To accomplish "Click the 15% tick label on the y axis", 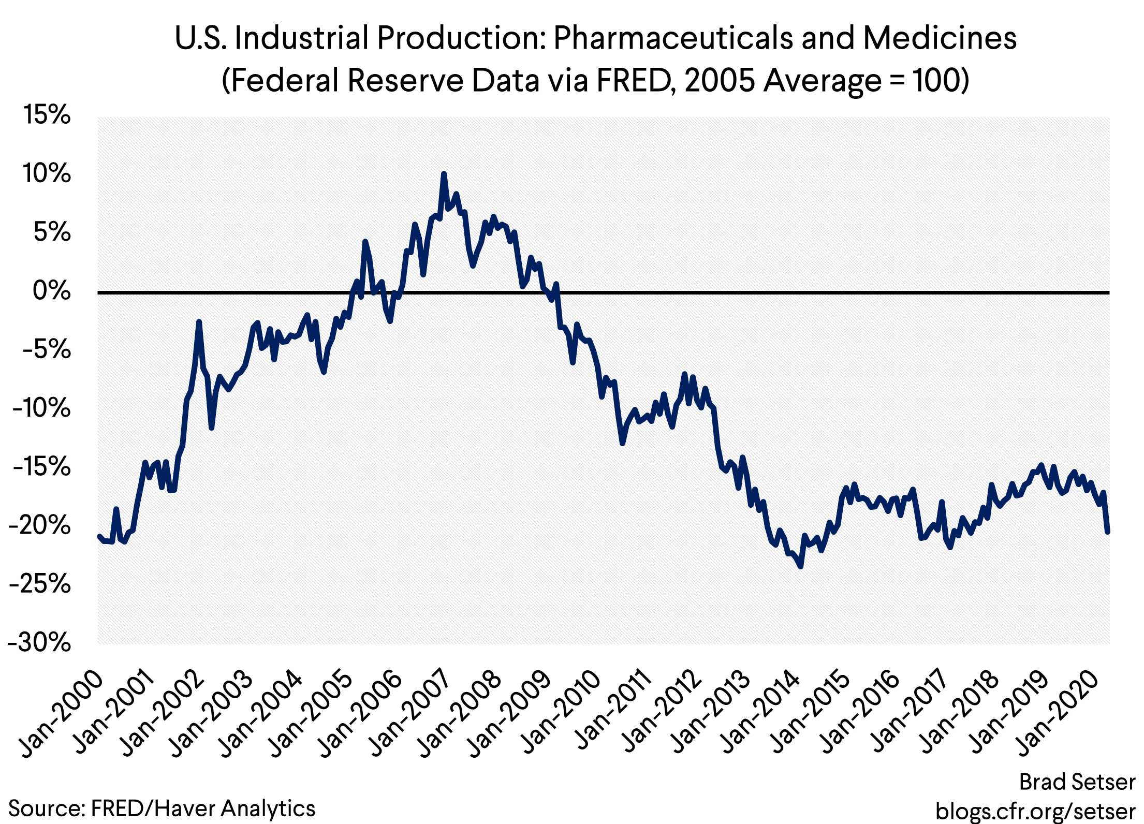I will click(47, 115).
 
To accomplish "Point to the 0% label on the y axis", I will click(52, 291).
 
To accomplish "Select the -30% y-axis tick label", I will click(39, 643).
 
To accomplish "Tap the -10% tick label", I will click(41, 408).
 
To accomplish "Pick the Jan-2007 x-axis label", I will click(409, 714).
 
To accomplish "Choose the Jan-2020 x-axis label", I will click(1059, 714).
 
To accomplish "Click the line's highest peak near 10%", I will click(444, 174).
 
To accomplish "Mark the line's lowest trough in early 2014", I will click(801, 567).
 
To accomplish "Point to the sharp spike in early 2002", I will click(199, 322).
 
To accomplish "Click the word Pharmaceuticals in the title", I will click(672, 38).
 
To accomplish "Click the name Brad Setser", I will click(1077, 782).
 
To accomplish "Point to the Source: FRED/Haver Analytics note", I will click(162, 808).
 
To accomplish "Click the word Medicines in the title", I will click(940, 38).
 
